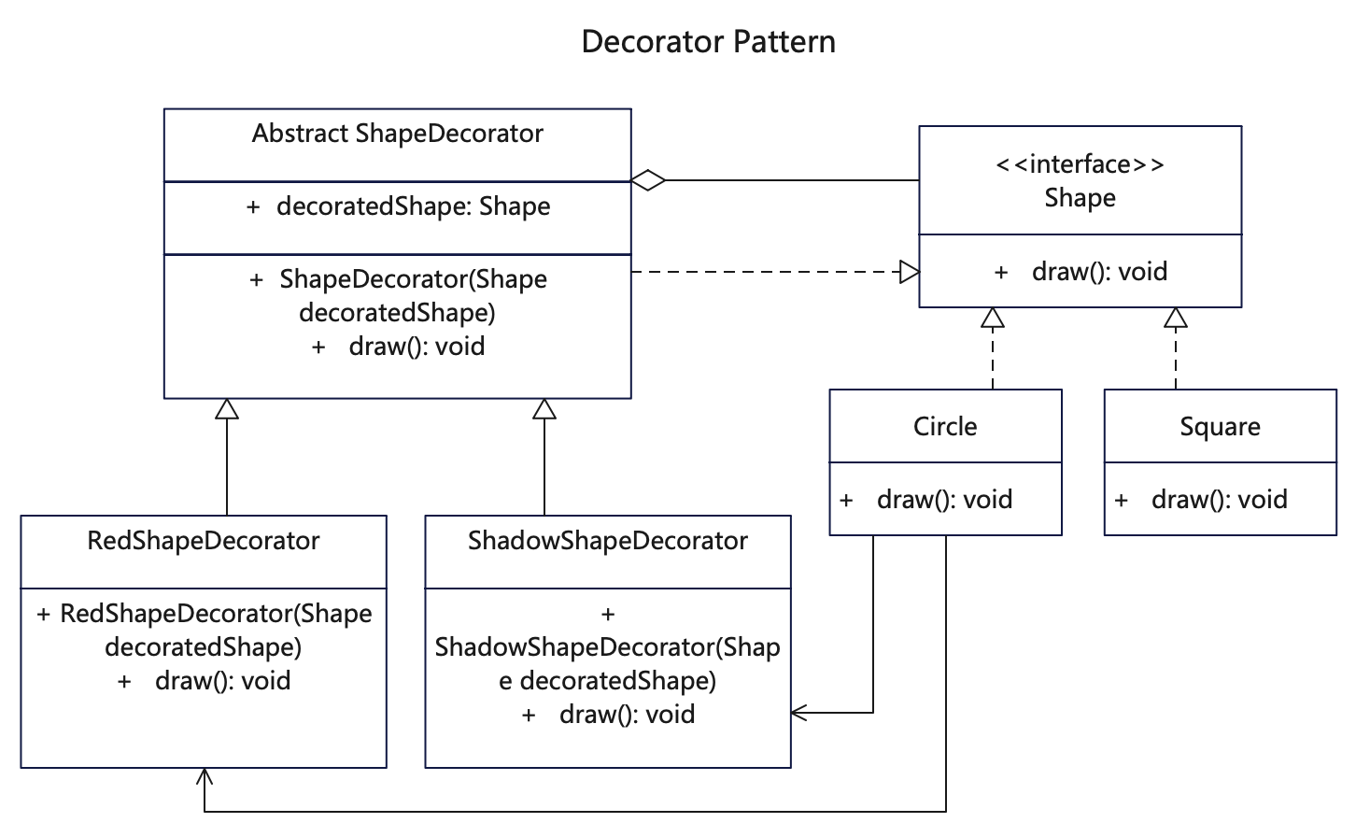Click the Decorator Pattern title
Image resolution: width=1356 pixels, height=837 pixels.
(x=708, y=42)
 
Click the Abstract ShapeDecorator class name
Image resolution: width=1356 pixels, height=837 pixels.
(x=397, y=134)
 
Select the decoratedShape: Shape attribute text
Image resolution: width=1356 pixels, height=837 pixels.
(x=414, y=206)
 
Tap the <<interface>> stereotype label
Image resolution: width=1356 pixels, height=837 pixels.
(x=1080, y=164)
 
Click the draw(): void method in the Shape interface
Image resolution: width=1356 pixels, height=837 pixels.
(x=1099, y=271)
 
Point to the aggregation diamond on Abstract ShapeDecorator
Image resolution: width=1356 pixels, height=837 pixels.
(x=648, y=180)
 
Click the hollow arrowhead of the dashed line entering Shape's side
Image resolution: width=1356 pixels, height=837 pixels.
(x=910, y=272)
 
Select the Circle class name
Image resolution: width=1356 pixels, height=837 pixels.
(x=945, y=426)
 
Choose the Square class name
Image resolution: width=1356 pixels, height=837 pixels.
(x=1220, y=427)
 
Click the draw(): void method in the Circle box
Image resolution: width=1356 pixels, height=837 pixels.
(x=944, y=500)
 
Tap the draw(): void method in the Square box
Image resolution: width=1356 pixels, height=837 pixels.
(x=1220, y=500)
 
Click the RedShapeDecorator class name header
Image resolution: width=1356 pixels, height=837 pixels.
(x=204, y=541)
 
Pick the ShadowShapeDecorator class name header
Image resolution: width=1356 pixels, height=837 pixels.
(x=608, y=541)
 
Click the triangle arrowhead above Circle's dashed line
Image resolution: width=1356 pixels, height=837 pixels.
(x=993, y=318)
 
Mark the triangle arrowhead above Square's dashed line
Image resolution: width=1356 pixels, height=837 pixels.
(x=1176, y=318)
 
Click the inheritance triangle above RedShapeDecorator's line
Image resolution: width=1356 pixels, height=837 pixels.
(x=227, y=409)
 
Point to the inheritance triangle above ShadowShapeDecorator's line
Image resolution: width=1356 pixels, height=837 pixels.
(x=544, y=409)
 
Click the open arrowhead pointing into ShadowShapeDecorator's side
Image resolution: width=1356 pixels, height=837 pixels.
(x=799, y=713)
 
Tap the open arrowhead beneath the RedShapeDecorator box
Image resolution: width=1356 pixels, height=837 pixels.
(x=205, y=776)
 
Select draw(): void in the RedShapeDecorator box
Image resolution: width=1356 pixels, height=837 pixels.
(x=223, y=681)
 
